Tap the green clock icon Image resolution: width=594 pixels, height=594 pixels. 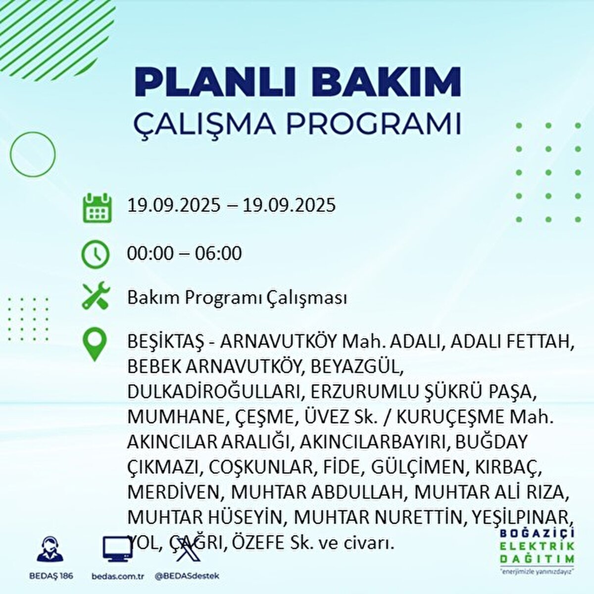point(95,254)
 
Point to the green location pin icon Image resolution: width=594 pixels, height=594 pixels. point(95,345)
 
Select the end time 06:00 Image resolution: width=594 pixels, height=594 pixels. point(218,253)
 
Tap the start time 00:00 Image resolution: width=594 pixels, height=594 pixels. point(150,253)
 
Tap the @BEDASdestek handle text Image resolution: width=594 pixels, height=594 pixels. point(187,576)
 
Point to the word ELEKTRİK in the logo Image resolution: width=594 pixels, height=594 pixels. point(537,546)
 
